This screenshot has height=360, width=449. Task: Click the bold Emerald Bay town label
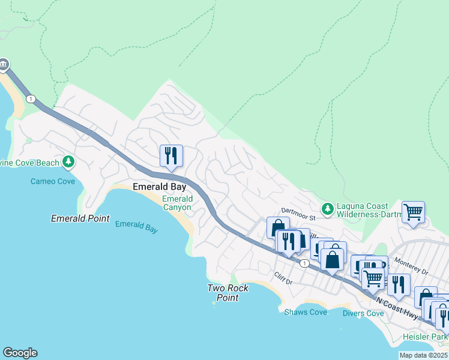coord(155,186)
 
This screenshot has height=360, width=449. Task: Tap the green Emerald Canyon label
coord(177,203)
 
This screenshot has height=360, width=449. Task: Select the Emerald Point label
coord(80,218)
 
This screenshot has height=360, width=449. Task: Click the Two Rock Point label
coord(228,293)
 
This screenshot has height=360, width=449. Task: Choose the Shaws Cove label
coord(306,312)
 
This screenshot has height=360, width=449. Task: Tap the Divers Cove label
coord(363,313)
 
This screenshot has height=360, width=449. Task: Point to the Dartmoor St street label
coord(298,211)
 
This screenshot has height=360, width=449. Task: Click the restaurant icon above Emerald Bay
coord(171,156)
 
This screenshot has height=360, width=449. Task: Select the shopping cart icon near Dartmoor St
coord(413,212)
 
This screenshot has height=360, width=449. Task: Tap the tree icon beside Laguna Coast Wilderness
coord(327,209)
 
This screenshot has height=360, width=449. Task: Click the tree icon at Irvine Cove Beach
coord(68,162)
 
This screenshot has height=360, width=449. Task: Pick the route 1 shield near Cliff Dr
coord(305,263)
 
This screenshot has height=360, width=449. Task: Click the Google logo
coord(20,353)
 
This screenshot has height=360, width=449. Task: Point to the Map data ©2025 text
coord(423,355)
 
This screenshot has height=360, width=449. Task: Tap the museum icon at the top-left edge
coord(3,64)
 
